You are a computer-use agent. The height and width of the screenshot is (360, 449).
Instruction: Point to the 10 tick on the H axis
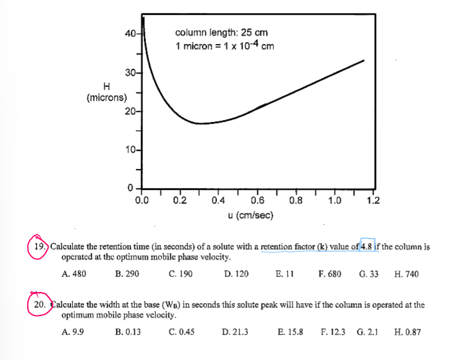pos(130,150)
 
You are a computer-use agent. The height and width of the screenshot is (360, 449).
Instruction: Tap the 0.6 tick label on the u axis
pos(257,200)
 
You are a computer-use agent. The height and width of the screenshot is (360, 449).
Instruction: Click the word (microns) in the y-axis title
pos(107,97)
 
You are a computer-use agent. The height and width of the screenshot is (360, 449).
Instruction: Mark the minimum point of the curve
pos(199,124)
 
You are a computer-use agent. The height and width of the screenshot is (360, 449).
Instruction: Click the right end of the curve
pos(364,60)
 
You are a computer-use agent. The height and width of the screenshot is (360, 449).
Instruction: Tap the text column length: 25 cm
pos(221,33)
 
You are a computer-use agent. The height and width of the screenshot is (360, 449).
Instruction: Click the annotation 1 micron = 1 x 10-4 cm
pos(225,45)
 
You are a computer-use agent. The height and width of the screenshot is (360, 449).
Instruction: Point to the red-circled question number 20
pos(40,305)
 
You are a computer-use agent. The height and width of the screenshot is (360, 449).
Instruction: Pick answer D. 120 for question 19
pos(236,273)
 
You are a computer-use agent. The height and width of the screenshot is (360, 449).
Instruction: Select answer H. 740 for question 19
pos(405,273)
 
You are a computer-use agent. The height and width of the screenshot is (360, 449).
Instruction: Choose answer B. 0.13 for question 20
pos(127,332)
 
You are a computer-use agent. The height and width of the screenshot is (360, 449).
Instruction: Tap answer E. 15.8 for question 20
pos(289,332)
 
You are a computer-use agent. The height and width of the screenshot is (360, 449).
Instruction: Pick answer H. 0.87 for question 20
pos(407,332)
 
